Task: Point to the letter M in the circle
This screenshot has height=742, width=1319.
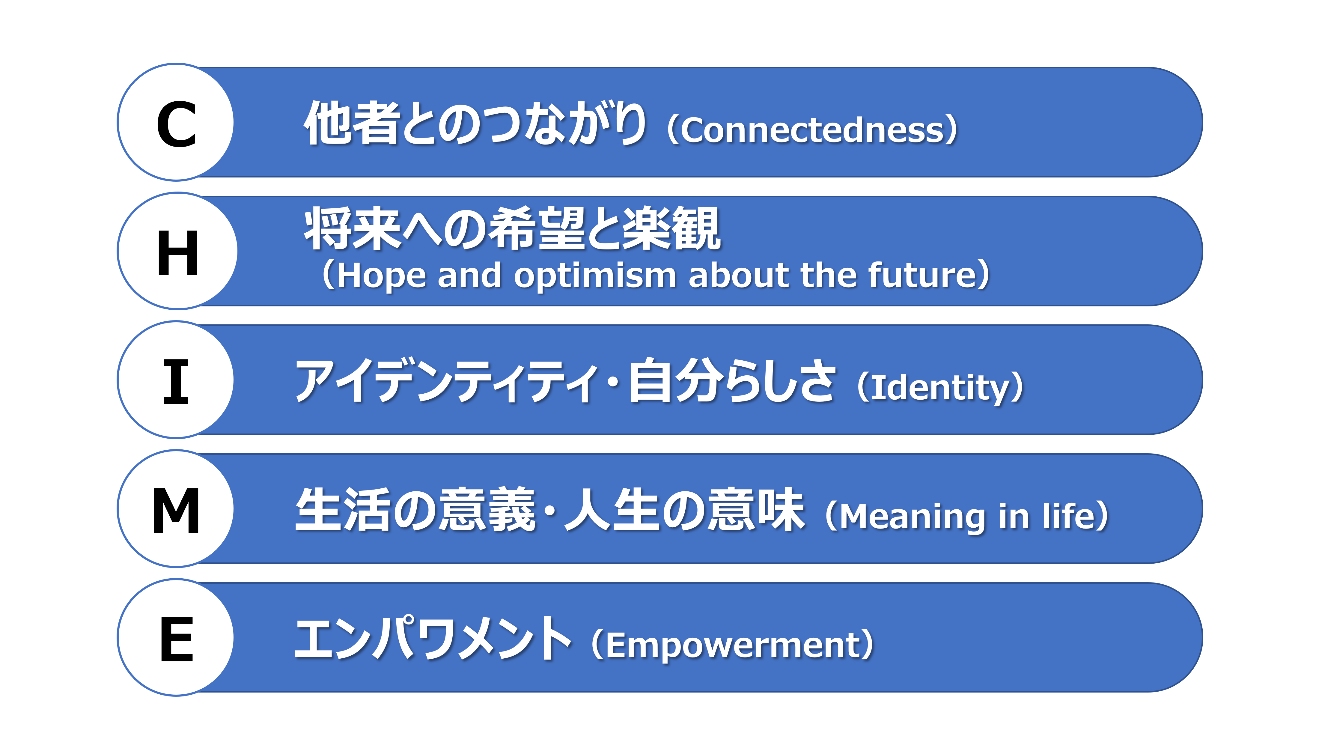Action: click(176, 510)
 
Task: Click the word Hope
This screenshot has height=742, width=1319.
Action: click(382, 276)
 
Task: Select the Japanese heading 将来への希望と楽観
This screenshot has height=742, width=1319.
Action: click(512, 229)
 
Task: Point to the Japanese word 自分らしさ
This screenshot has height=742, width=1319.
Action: click(731, 380)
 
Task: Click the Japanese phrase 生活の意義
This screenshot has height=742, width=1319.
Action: click(416, 510)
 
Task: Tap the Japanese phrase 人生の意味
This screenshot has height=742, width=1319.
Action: click(683, 510)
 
